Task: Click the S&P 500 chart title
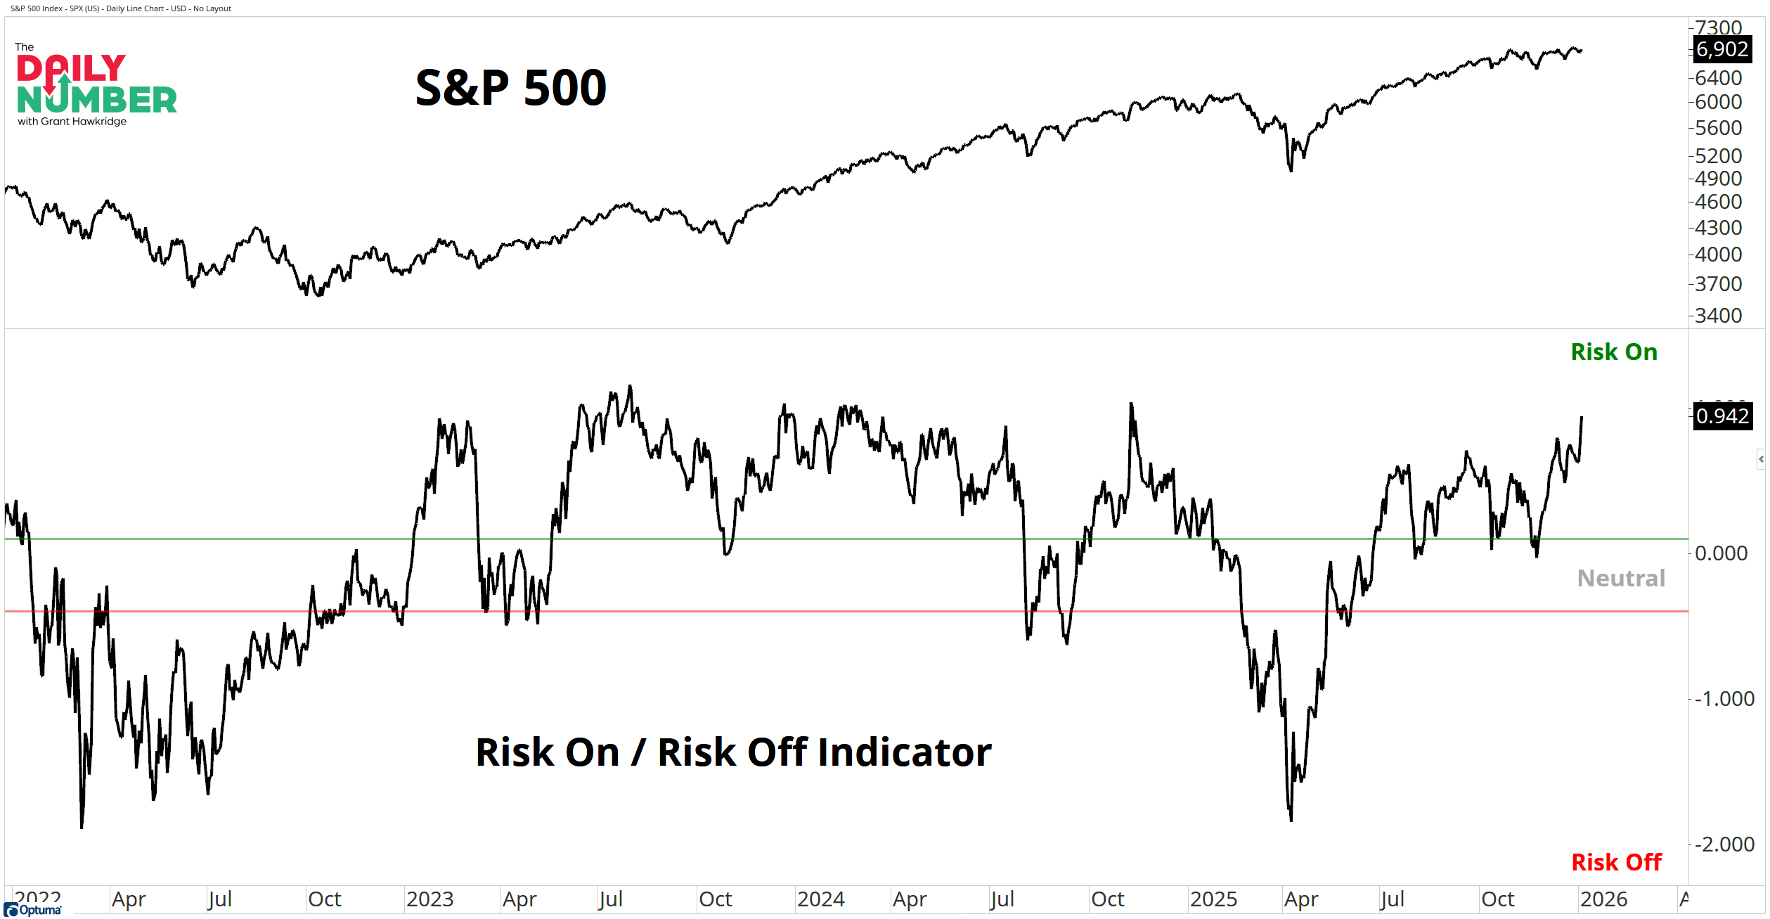click(x=511, y=88)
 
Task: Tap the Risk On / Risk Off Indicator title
click(x=733, y=752)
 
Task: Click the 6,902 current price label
click(x=1721, y=49)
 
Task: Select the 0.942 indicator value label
click(x=1721, y=416)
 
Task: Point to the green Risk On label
click(x=1614, y=352)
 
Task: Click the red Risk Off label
click(x=1616, y=862)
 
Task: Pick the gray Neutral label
click(x=1621, y=578)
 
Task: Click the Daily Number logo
click(x=96, y=84)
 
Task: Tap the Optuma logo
click(x=33, y=910)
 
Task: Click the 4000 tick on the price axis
click(x=1718, y=255)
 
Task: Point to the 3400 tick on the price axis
click(x=1718, y=316)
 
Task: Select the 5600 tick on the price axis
click(x=1718, y=128)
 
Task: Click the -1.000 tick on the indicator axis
click(x=1724, y=699)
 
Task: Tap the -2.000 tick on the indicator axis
click(x=1724, y=844)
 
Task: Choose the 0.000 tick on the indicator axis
click(x=1721, y=553)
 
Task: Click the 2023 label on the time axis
click(x=430, y=899)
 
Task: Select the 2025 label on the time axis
click(x=1213, y=899)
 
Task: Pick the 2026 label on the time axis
click(x=1603, y=899)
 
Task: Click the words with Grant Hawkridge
click(x=72, y=122)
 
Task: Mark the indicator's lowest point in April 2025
click(x=1291, y=820)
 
